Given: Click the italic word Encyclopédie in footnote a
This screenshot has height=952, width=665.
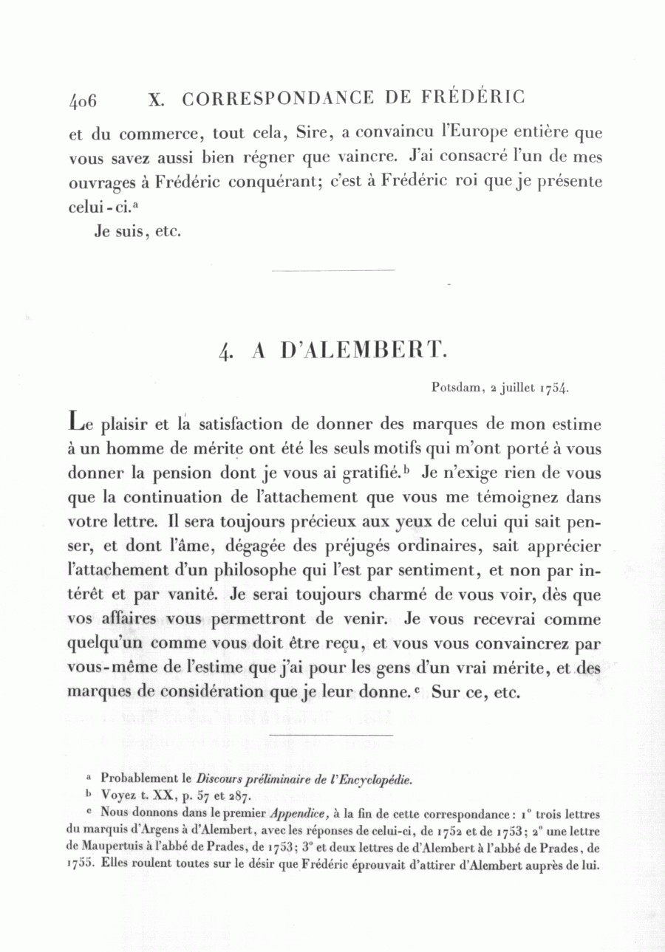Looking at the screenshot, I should coord(373,779).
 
